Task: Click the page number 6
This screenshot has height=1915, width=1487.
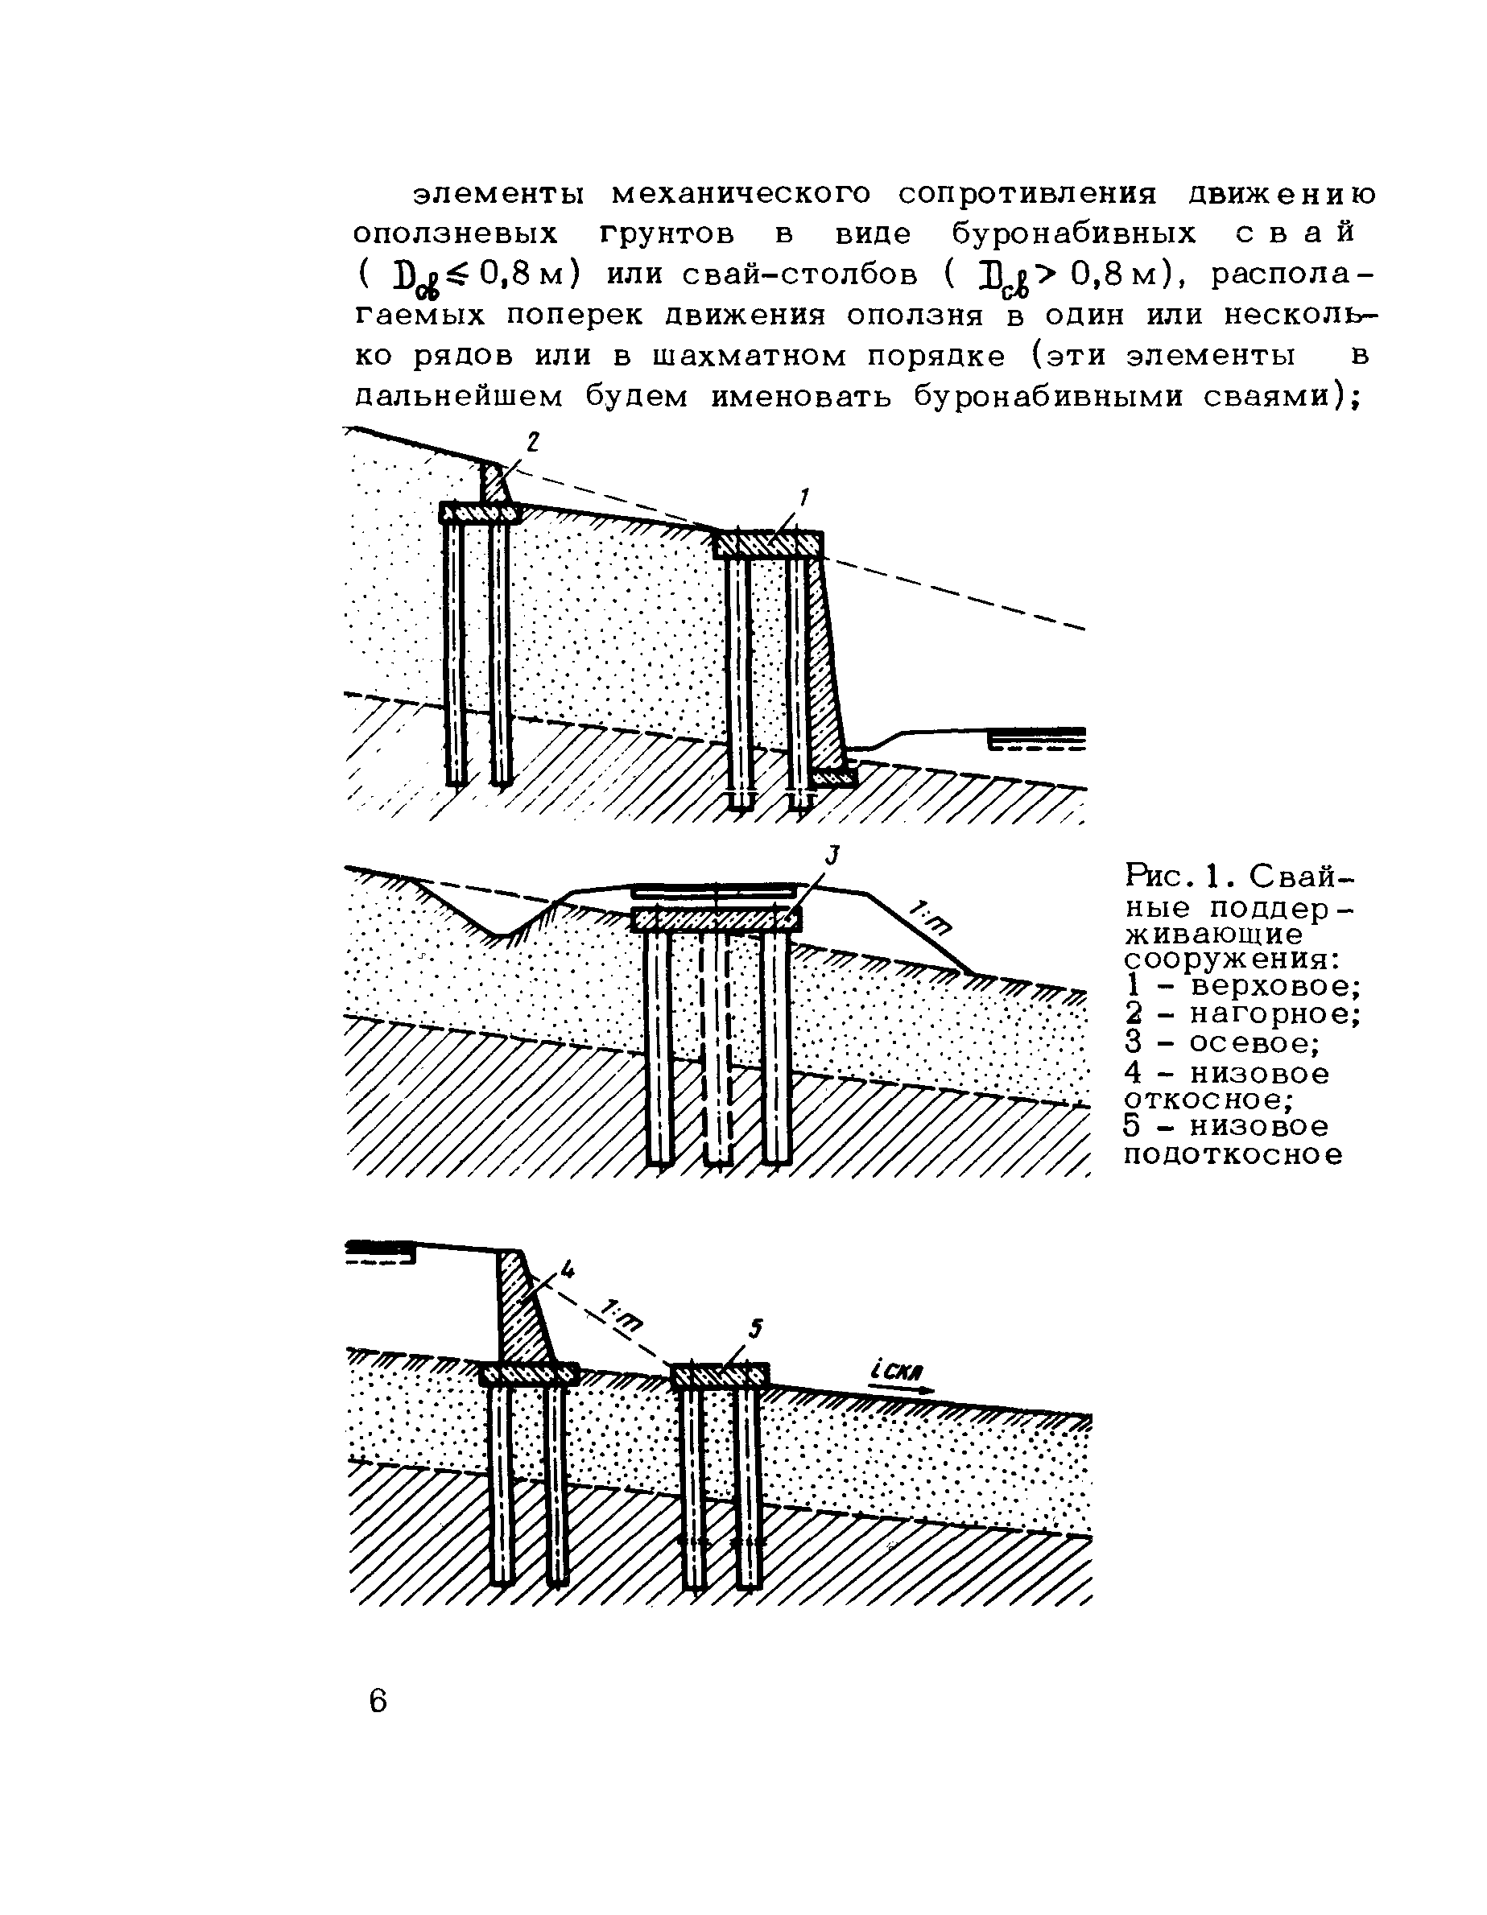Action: [x=378, y=1701]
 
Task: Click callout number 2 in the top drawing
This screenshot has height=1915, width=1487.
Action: [x=532, y=443]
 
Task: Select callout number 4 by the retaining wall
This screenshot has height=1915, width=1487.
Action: [x=568, y=1268]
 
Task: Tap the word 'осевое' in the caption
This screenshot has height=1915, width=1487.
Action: [x=1254, y=1042]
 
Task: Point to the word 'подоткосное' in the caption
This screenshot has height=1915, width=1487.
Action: [x=1233, y=1155]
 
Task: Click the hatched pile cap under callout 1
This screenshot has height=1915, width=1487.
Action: [x=768, y=544]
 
